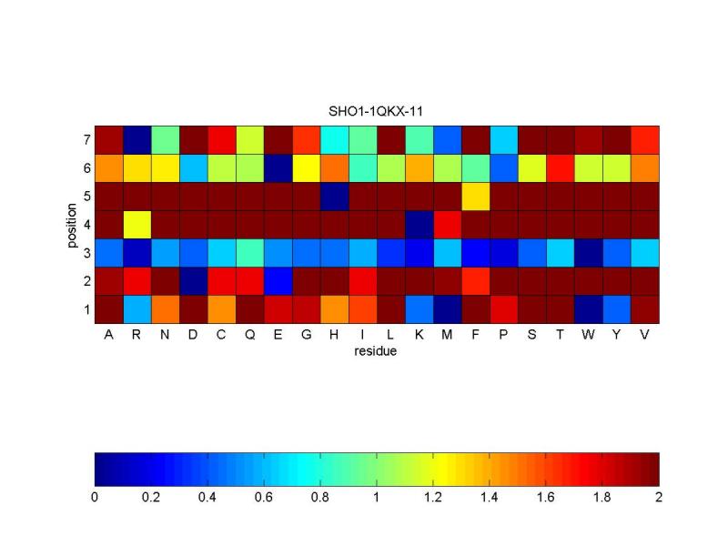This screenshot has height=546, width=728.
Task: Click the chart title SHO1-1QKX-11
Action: [377, 111]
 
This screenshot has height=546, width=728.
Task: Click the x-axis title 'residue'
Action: [377, 350]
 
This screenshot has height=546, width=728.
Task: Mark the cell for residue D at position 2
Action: [193, 281]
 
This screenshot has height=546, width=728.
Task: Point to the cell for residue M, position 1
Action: [448, 309]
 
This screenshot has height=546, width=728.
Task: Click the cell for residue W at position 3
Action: [589, 253]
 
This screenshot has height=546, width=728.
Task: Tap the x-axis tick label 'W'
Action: [589, 335]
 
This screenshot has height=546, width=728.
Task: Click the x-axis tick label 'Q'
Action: [249, 335]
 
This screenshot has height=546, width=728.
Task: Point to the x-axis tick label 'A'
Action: [108, 335]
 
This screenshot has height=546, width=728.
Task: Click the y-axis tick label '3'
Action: [86, 253]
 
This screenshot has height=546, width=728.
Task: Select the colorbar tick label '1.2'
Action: [433, 498]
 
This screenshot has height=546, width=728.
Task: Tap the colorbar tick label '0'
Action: [95, 498]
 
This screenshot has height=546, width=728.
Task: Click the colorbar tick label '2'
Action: [659, 498]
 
